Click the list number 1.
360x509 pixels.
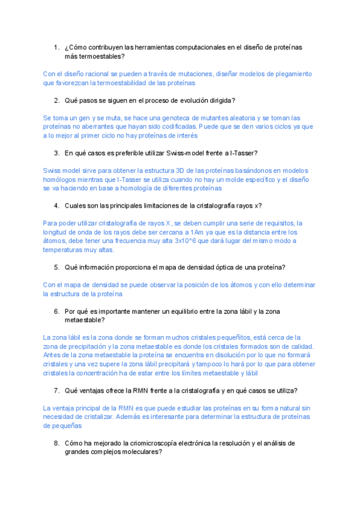[55, 47]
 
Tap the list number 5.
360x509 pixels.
[55, 267]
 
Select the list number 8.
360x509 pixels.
[55, 443]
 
